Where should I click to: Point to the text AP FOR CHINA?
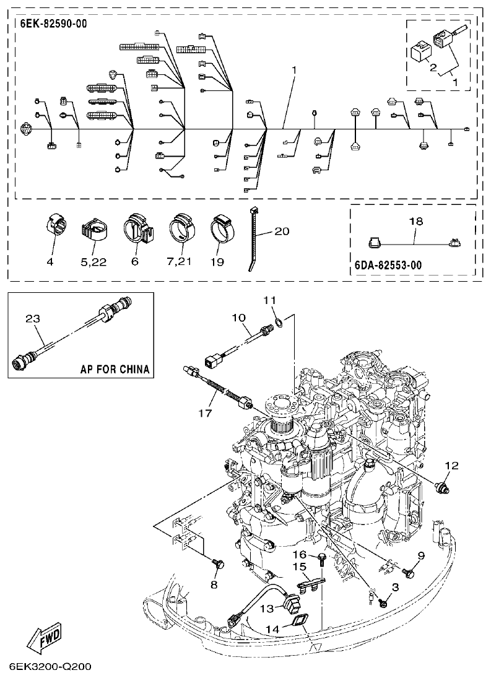coord(115,370)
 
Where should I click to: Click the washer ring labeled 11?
coord(279,322)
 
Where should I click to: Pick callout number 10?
coord(239,318)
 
